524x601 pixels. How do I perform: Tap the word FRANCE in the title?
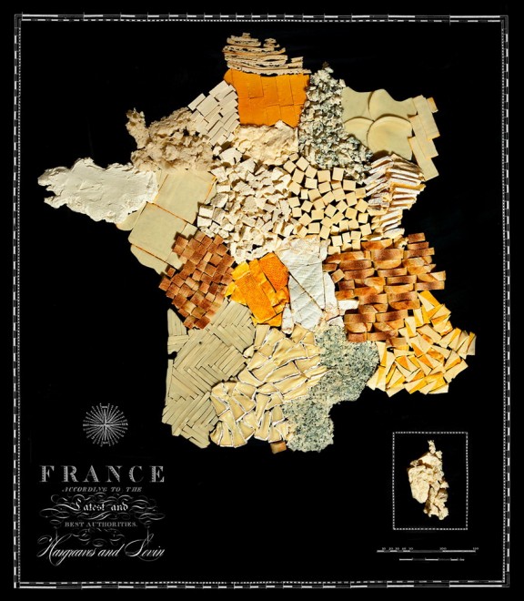coord(102,474)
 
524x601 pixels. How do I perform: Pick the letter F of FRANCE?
coord(46,474)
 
